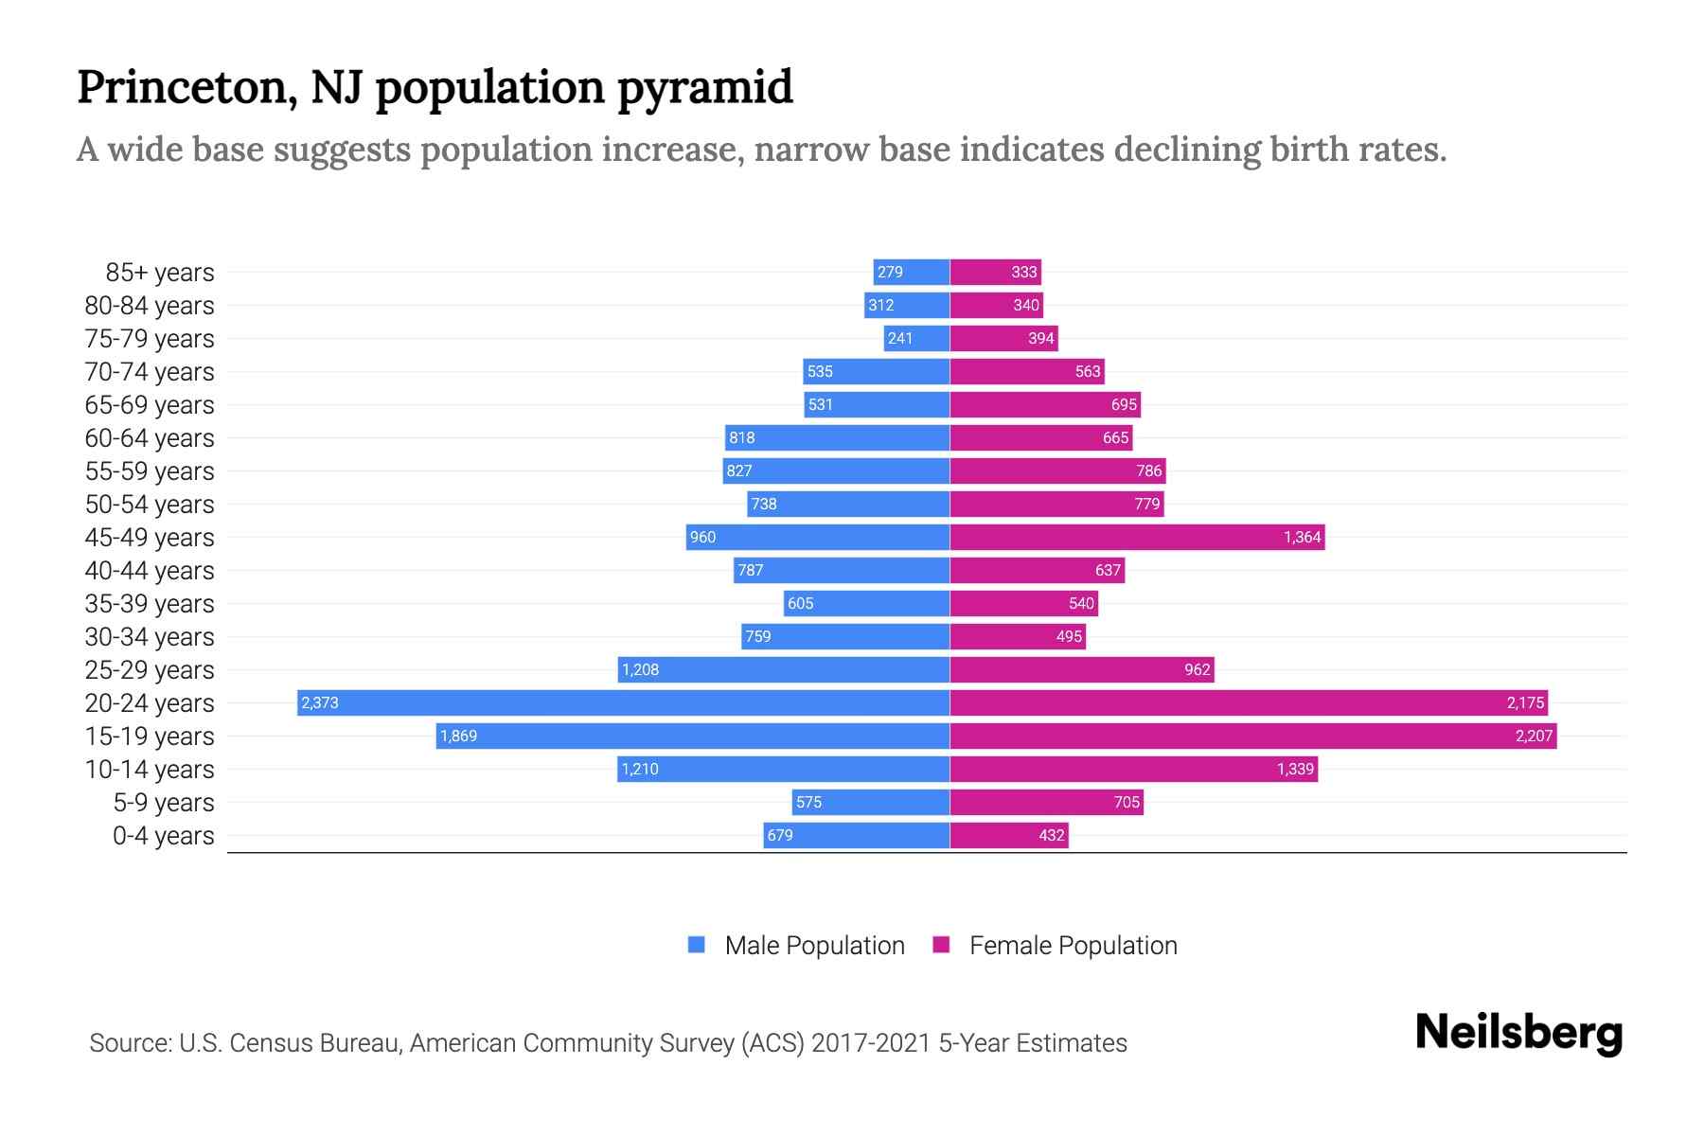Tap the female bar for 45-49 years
pyautogui.click(x=1136, y=537)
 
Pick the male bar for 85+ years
pyautogui.click(x=912, y=272)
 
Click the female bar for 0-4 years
pyautogui.click(x=1009, y=835)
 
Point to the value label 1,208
pyautogui.click(x=640, y=669)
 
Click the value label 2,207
pyautogui.click(x=1534, y=736)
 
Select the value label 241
pyautogui.click(x=899, y=338)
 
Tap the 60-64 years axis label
pyautogui.click(x=150, y=438)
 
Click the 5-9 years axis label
pyautogui.click(x=164, y=803)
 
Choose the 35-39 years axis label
pyautogui.click(x=150, y=604)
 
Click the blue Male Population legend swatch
pyautogui.click(x=697, y=945)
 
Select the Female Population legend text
pyautogui.click(x=1073, y=945)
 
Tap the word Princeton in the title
pyautogui.click(x=182, y=87)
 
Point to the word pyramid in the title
pyautogui.click(x=705, y=89)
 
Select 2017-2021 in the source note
pyautogui.click(x=871, y=1043)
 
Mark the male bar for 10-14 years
pyautogui.click(x=783, y=769)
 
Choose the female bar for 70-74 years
pyautogui.click(x=1027, y=371)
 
